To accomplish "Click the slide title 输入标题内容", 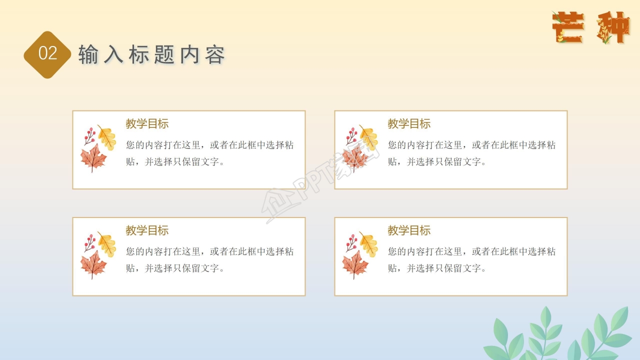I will pos(151,54).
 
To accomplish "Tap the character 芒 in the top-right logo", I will pos(568,27).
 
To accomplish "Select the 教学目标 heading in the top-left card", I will pos(147,124).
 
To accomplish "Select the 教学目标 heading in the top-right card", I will pos(409,124).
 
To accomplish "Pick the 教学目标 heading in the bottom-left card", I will pos(147,230).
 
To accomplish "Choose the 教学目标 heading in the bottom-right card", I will pos(409,230).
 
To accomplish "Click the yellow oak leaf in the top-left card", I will pos(107,137).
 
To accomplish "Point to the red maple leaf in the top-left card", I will pos(93,157).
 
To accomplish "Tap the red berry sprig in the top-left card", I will pos(89,135).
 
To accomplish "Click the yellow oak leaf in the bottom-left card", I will pos(107,244).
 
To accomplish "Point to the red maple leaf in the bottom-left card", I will pos(93,263).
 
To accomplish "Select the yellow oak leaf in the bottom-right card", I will pos(369,244).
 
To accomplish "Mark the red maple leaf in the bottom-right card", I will pos(355,263).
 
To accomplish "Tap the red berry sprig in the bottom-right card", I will pos(351,241).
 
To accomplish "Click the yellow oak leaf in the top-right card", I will pos(369,137).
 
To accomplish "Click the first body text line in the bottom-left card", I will pos(210,251).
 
